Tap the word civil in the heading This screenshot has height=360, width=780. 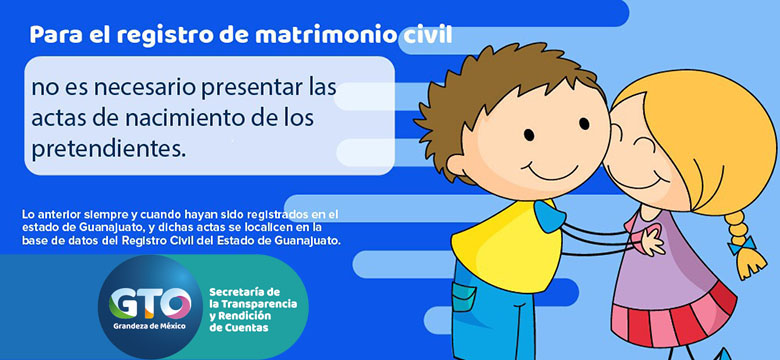[x=425, y=36]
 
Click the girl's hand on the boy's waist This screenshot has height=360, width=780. [x=650, y=240]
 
